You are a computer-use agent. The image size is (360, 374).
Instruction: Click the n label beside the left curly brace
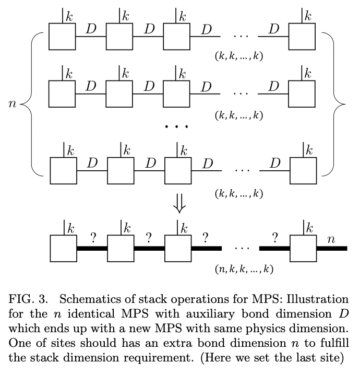click(13, 104)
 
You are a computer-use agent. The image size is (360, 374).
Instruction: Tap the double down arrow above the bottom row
click(179, 206)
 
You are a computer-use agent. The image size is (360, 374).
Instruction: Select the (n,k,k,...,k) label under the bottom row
click(244, 270)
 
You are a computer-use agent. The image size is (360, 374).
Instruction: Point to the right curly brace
click(334, 104)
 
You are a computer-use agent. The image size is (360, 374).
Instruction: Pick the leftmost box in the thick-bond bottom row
click(63, 248)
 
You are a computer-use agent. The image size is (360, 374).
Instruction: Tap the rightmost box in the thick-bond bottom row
click(303, 248)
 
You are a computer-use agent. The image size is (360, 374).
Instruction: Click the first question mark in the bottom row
click(93, 239)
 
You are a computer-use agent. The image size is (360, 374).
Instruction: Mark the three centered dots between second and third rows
click(176, 127)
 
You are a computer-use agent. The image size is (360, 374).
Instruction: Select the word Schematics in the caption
click(86, 299)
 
